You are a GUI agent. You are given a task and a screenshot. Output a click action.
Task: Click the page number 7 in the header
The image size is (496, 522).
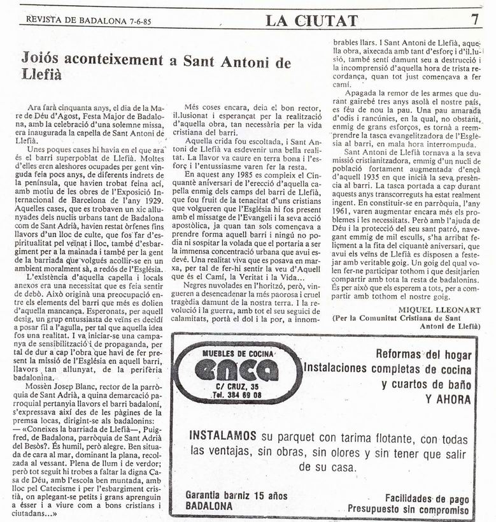pyautogui.click(x=475, y=19)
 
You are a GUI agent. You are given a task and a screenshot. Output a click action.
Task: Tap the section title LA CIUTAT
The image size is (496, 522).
pyautogui.click(x=311, y=20)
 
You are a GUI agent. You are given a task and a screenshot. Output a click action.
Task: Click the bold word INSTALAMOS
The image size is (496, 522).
pyautogui.click(x=222, y=435)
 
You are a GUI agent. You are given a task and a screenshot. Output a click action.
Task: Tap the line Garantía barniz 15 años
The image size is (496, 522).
pyautogui.click(x=236, y=495)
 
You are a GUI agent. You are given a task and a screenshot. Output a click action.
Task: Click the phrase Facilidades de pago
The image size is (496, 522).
pyautogui.click(x=427, y=498)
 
